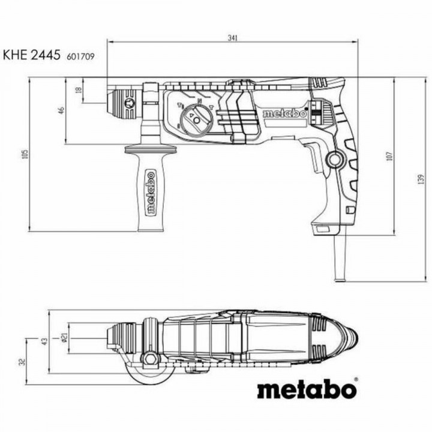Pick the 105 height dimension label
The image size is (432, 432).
24,154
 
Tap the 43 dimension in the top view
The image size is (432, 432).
43,340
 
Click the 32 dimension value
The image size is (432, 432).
22,362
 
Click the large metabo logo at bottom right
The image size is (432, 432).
307,389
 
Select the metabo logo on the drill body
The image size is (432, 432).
285,113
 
